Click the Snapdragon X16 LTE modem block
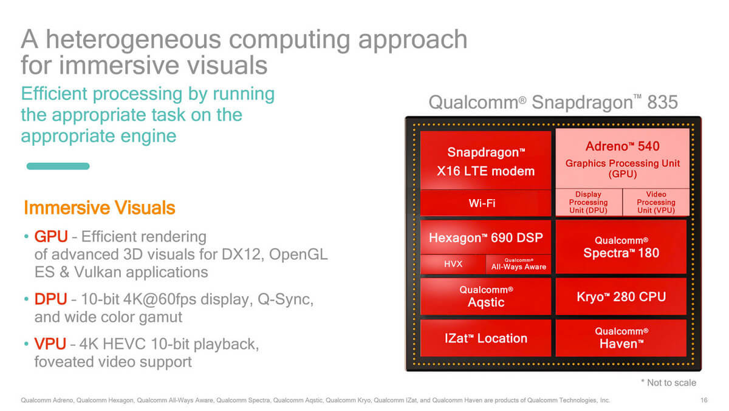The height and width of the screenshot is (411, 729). (485, 160)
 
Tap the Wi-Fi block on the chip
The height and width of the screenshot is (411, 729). (485, 203)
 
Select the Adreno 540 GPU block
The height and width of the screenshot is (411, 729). (622, 158)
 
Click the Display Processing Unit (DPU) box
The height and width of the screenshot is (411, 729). (589, 202)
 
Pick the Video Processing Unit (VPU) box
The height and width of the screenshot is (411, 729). (656, 202)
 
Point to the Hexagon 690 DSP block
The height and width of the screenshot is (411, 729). (485, 237)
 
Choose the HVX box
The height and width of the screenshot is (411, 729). (453, 264)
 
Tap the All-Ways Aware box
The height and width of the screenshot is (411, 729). (518, 264)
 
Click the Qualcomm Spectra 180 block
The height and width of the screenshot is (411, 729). (621, 247)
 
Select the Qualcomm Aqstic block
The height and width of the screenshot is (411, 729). (485, 296)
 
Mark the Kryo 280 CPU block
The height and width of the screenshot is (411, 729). (621, 296)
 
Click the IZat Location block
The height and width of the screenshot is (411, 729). (485, 338)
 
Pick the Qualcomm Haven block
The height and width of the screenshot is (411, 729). (621, 338)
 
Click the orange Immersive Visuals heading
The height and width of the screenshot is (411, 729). (100, 208)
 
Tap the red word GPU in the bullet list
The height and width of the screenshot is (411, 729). (51, 236)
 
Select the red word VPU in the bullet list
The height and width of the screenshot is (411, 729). (50, 344)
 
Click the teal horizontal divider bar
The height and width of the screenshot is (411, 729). (58, 166)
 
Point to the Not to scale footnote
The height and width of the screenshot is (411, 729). (669, 382)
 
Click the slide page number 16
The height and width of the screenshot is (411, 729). (704, 400)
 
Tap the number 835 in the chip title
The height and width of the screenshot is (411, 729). (662, 102)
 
